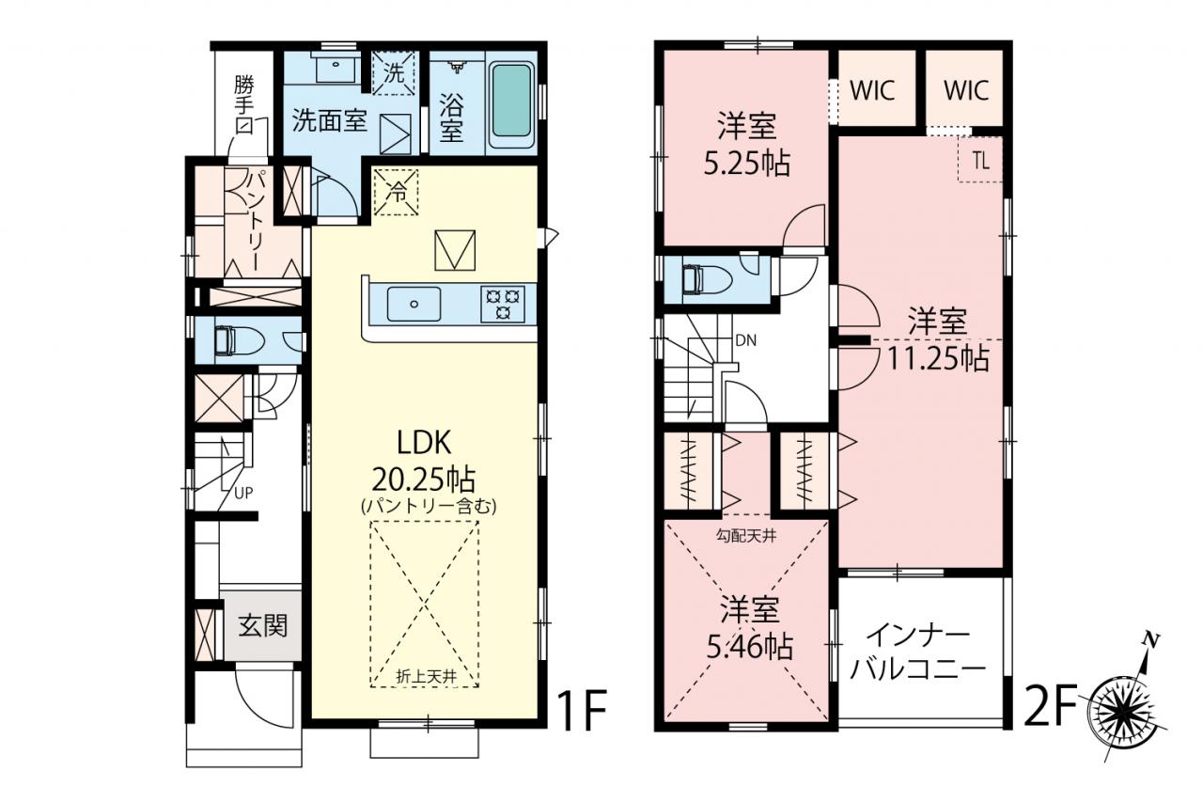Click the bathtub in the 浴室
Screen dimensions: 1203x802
point(512,102)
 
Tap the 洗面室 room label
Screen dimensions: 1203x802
point(330,121)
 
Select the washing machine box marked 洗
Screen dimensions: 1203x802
point(395,73)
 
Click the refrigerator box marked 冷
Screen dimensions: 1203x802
point(397,192)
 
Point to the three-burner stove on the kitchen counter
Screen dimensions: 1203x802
point(503,304)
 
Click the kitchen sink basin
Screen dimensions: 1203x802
point(414,304)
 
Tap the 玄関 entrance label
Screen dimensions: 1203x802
point(263,626)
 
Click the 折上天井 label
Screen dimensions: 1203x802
point(426,677)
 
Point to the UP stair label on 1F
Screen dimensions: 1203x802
point(243,493)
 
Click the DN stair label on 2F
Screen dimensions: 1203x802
point(746,340)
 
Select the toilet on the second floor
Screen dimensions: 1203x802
point(706,280)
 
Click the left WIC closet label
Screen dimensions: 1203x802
point(873,90)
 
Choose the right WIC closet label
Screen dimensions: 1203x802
point(966,90)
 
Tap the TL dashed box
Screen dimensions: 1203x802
point(980,160)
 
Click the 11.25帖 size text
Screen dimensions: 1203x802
point(937,359)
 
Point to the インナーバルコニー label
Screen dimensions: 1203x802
point(919,653)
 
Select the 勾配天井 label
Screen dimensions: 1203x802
point(746,536)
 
